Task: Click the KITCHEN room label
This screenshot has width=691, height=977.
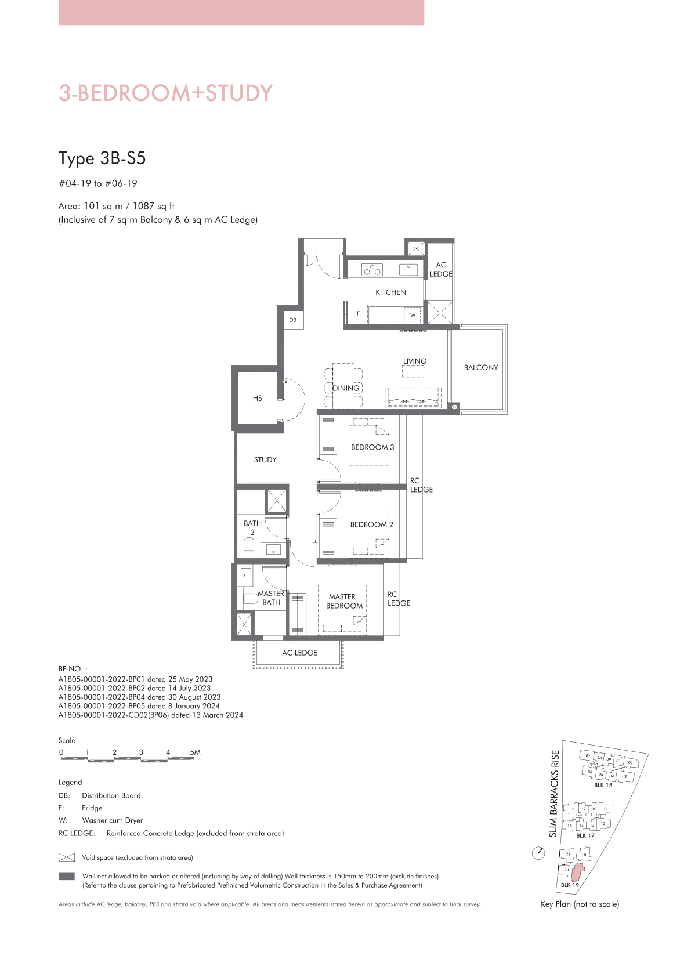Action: pos(390,292)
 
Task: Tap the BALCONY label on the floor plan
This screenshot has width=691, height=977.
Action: pos(481,368)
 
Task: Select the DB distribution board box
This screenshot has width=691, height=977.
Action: pos(293,320)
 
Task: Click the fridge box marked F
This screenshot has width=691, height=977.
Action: pos(358,314)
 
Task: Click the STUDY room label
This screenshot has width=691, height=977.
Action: pos(265,459)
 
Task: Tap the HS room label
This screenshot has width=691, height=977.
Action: pos(258,398)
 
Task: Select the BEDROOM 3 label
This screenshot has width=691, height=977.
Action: pos(372,447)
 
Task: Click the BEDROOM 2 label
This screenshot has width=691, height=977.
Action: pos(372,524)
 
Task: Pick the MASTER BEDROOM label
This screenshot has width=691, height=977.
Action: pos(344,601)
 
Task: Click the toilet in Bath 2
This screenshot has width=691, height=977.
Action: pos(249,545)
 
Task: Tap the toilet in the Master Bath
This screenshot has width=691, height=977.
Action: pos(251,598)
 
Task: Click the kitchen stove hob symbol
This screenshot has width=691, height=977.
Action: pos(372,270)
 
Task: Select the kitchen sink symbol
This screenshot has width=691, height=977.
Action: pos(409,270)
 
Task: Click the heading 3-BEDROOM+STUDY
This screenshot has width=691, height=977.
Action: pos(166,93)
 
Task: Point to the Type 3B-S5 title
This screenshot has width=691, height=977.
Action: pos(102,158)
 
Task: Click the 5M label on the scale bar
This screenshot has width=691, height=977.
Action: pos(195,752)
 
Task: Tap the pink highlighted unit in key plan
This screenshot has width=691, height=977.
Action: pos(578,873)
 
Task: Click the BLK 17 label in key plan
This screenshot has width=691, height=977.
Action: pos(585,835)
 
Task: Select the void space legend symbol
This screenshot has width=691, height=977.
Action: pos(67,857)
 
